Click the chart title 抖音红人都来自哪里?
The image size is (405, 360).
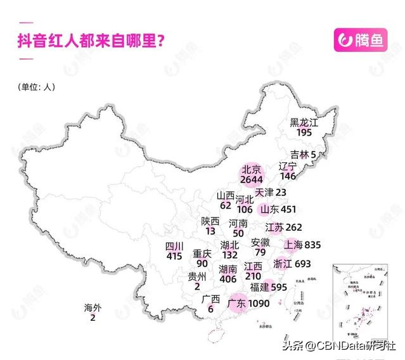[92, 42]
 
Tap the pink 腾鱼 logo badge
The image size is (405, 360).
[360, 41]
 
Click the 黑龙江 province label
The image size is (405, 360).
[304, 122]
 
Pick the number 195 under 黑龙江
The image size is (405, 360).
[304, 132]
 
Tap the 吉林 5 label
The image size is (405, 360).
[303, 155]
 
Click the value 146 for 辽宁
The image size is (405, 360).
[288, 176]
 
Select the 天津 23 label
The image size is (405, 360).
[271, 192]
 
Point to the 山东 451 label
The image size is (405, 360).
[278, 209]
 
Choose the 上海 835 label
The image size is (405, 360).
[304, 245]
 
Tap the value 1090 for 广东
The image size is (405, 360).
[257, 304]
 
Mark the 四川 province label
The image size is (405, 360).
[174, 246]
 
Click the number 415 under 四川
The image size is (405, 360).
[174, 256]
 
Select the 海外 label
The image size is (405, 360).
[93, 308]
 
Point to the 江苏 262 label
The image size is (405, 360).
[283, 227]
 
